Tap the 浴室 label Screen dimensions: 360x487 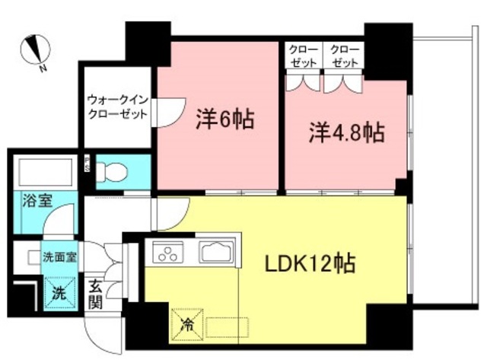click(36, 202)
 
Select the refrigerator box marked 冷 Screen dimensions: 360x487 click(186, 322)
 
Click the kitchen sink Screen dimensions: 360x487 click(218, 251)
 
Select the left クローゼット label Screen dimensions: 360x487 click(303, 56)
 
